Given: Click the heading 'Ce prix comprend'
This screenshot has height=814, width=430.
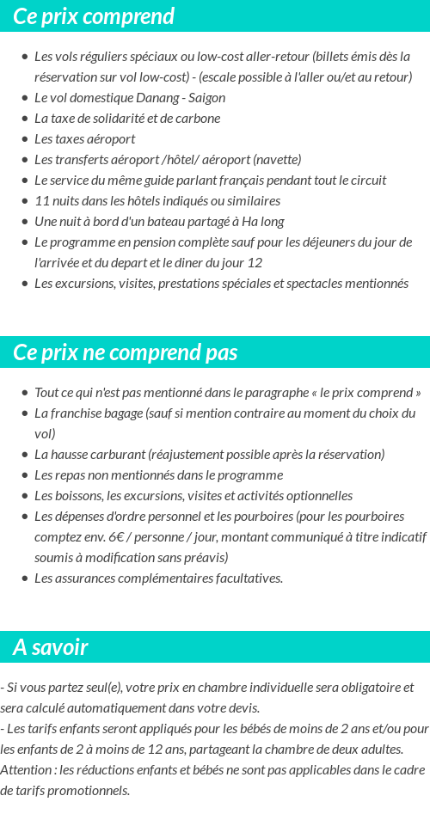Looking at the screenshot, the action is coord(94,16).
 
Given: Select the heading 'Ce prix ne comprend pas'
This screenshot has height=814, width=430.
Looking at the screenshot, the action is coord(126,352).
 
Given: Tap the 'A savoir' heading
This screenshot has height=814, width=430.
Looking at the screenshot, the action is coord(51,647).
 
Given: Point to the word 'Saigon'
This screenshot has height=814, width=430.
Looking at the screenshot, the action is coord(205,98).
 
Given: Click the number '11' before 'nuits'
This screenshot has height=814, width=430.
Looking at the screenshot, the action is coord(42,201).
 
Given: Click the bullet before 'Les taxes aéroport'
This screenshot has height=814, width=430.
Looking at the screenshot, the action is coord(24,139).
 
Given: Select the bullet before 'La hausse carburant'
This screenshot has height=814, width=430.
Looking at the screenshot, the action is coord(24,455).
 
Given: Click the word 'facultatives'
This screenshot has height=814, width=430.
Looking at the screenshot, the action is coord(245,578).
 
